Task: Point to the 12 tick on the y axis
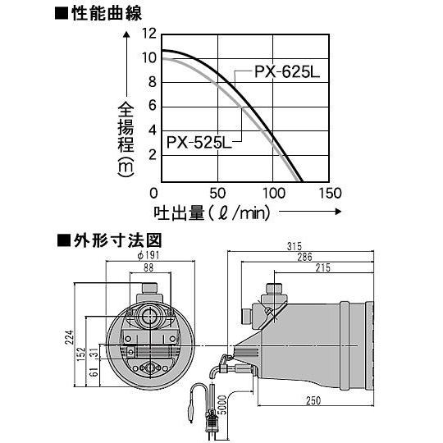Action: coord(148,34)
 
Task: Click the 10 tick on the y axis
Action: coord(148,57)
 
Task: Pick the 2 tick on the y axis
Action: coord(152,154)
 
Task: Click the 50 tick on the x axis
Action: coord(217,193)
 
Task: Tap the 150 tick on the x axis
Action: coord(329,193)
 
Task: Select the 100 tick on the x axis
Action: coord(273,193)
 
